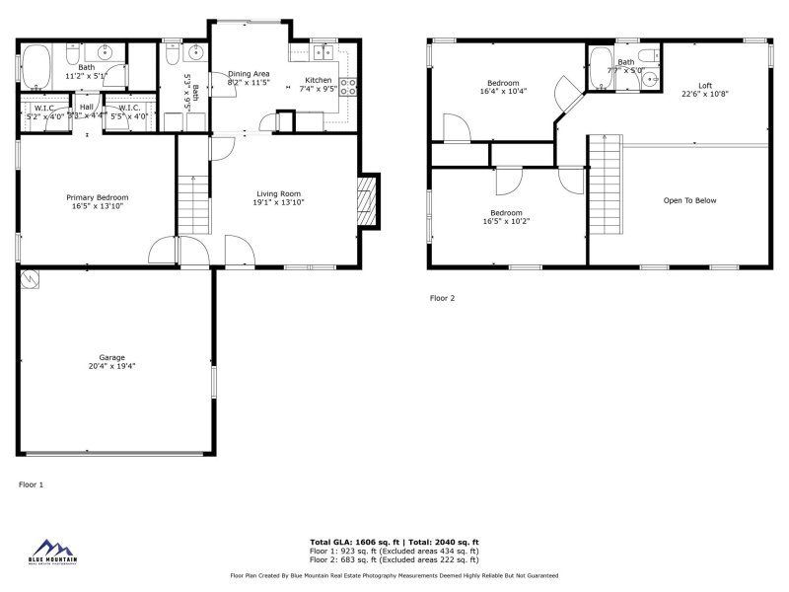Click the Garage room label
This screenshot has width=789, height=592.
click(110, 357)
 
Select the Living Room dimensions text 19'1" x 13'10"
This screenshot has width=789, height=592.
click(279, 202)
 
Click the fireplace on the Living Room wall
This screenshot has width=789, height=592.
click(369, 202)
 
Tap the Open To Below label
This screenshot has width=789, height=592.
click(689, 200)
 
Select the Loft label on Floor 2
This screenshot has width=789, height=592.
click(704, 86)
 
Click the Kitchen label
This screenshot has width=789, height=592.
click(319, 79)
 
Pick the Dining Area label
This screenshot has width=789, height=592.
click(249, 73)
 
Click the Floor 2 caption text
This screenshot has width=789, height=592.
click(442, 297)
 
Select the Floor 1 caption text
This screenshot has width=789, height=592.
click(32, 484)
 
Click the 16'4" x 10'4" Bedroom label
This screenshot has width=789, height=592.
click(503, 83)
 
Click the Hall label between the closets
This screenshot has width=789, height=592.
click(87, 107)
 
